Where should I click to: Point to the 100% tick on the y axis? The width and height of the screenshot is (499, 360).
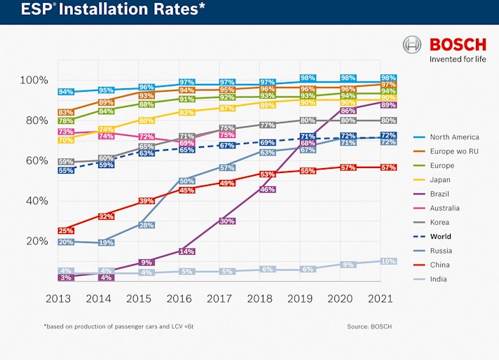(x=35, y=80)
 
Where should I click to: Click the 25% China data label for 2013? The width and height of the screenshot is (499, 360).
(x=66, y=230)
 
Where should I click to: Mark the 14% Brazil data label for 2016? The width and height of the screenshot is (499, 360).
(x=186, y=251)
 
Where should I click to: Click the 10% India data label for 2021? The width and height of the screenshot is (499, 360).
(x=388, y=261)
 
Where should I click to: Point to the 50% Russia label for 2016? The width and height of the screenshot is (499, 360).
(x=186, y=181)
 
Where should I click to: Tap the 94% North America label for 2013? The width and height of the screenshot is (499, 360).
(x=66, y=92)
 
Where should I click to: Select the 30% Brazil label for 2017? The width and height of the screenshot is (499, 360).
(x=226, y=221)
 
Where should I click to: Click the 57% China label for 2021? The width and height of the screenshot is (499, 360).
(x=388, y=167)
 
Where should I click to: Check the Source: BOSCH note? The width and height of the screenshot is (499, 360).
(x=369, y=326)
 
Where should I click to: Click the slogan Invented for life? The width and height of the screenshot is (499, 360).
(x=458, y=59)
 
